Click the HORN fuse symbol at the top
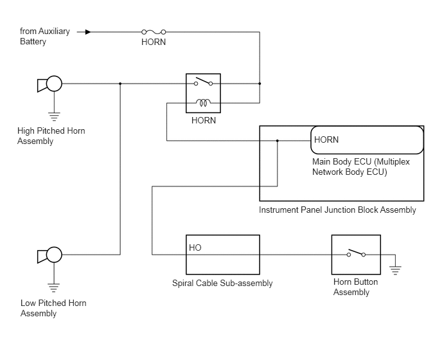click(154, 32)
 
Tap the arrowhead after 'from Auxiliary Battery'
click(88, 32)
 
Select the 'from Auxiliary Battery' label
click(45, 36)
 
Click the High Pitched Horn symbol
click(49, 84)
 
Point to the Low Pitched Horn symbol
click(49, 255)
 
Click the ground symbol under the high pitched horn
click(54, 116)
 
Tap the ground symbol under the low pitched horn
click(54, 288)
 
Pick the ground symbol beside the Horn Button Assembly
click(395, 270)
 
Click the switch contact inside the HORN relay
click(203, 82)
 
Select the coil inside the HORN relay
click(203, 103)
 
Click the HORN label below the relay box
click(204, 120)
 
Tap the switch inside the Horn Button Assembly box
click(356, 253)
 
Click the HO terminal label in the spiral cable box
click(195, 248)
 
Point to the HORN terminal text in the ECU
click(326, 139)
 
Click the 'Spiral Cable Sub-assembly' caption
click(222, 283)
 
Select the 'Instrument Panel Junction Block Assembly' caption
click(337, 210)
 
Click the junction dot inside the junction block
click(278, 141)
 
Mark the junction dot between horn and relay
click(120, 84)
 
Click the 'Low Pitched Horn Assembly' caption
click(53, 308)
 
